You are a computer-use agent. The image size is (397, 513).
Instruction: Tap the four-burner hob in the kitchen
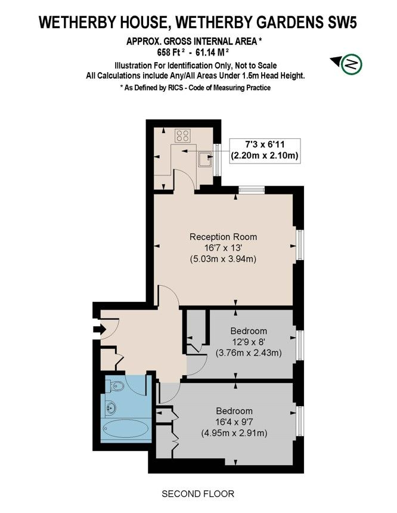[x=182, y=136]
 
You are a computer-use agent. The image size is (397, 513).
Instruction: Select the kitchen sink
[x=206, y=159]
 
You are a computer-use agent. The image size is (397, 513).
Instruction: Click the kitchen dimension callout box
[x=265, y=150]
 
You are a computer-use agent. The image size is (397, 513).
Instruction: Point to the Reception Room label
[x=224, y=237]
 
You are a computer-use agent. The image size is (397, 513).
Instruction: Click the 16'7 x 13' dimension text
[x=223, y=248]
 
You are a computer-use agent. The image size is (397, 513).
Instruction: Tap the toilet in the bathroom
[x=115, y=387]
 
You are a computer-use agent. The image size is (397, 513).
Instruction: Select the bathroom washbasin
[x=111, y=407]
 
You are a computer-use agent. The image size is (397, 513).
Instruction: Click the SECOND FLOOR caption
[x=198, y=493]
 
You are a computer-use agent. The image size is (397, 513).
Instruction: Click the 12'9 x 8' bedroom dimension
[x=249, y=342]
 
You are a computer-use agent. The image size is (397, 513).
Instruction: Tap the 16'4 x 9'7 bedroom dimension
[x=234, y=422]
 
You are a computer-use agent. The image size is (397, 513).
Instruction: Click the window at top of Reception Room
[x=252, y=190]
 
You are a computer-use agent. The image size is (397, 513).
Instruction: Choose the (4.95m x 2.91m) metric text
[x=234, y=433]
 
